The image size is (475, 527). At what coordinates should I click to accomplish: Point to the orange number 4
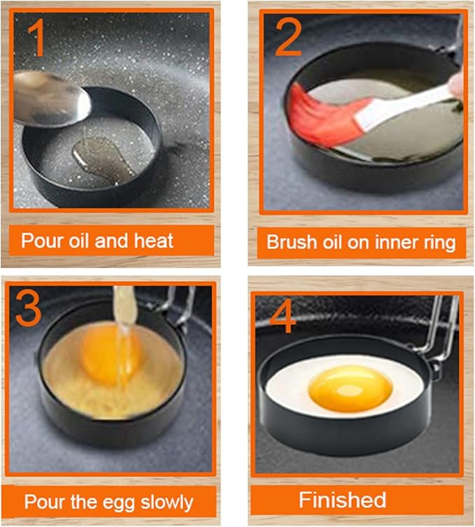[x=283, y=318]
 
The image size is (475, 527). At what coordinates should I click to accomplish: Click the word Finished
[x=342, y=500]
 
